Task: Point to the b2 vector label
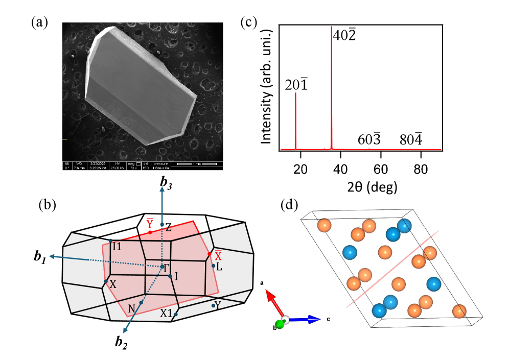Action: tap(121, 343)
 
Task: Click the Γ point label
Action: tap(163, 267)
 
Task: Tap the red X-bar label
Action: tap(218, 253)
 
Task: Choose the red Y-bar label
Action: tap(150, 223)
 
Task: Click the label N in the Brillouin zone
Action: tap(131, 308)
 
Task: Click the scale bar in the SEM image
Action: tap(199, 164)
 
